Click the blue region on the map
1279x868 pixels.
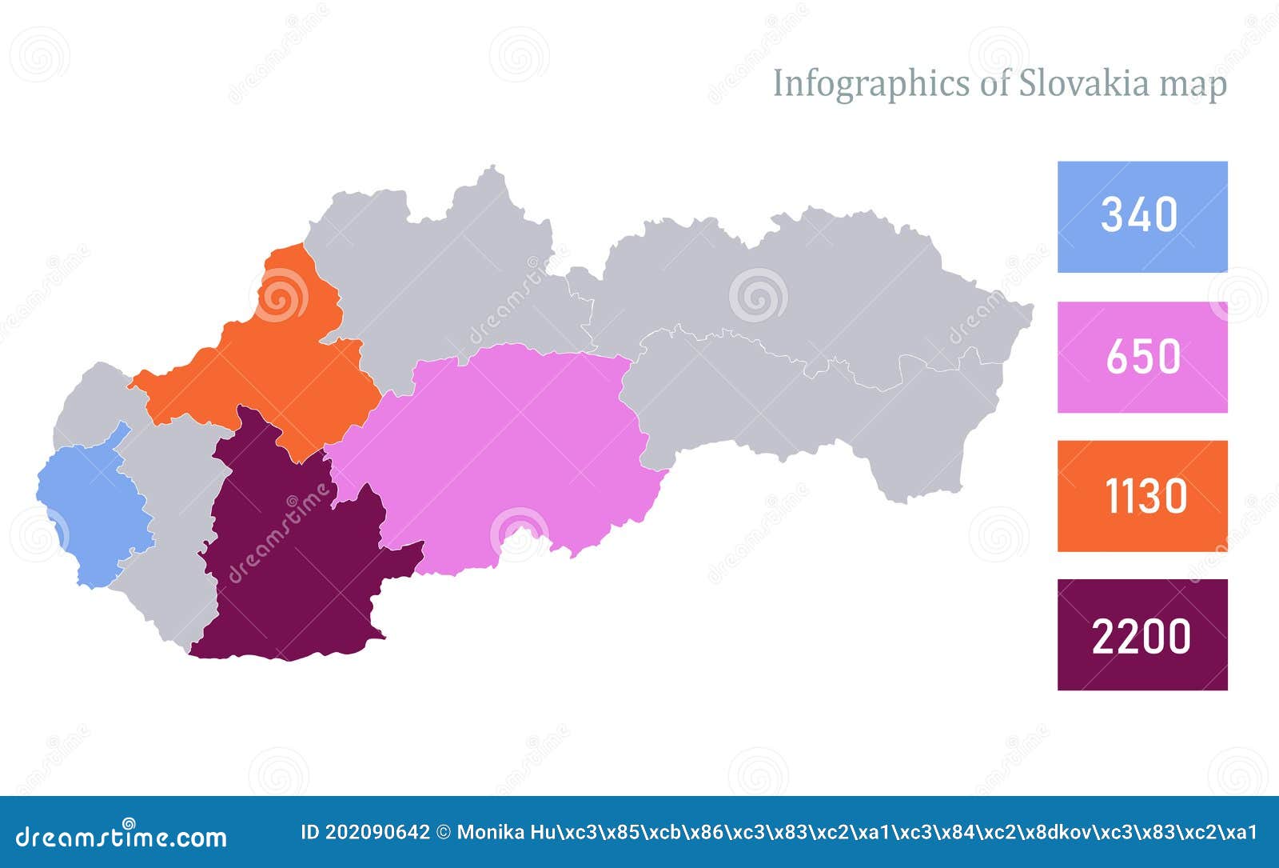point(92,512)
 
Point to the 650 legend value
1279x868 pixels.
point(1142,357)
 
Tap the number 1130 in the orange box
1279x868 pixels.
point(1146,496)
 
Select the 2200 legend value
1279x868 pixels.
point(1141,637)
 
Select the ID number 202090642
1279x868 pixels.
point(381,832)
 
